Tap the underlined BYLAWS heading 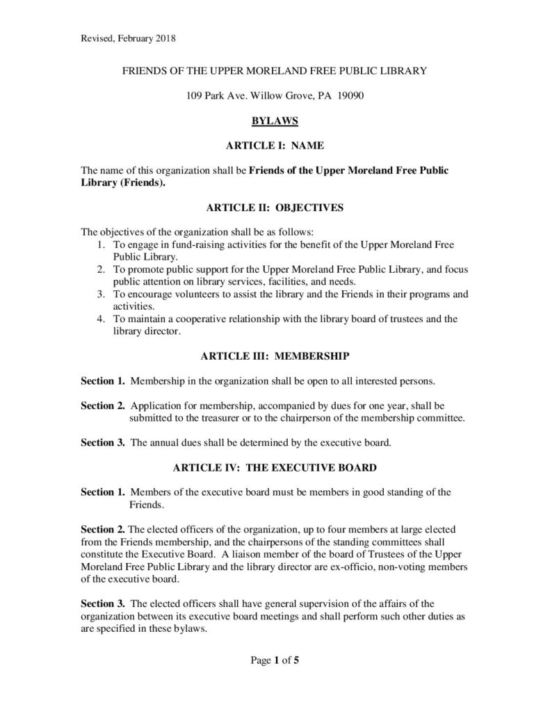(275, 121)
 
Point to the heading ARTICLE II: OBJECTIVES (275, 207)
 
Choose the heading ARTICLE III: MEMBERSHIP (275, 357)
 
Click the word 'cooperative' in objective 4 (189, 320)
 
